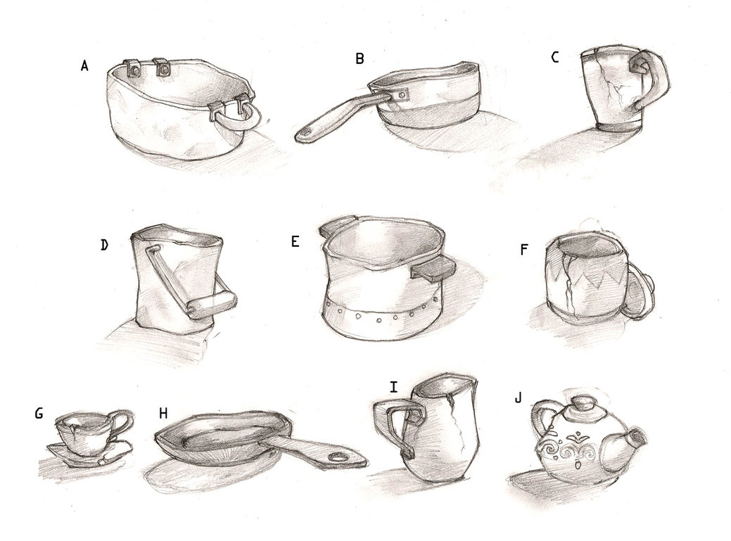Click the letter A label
[84, 65]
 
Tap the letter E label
[295, 241]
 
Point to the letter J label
[518, 398]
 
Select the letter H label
[163, 413]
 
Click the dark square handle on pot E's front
[433, 269]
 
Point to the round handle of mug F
[639, 295]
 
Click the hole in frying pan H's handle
[336, 457]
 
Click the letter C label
[555, 57]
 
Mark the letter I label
[394, 387]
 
